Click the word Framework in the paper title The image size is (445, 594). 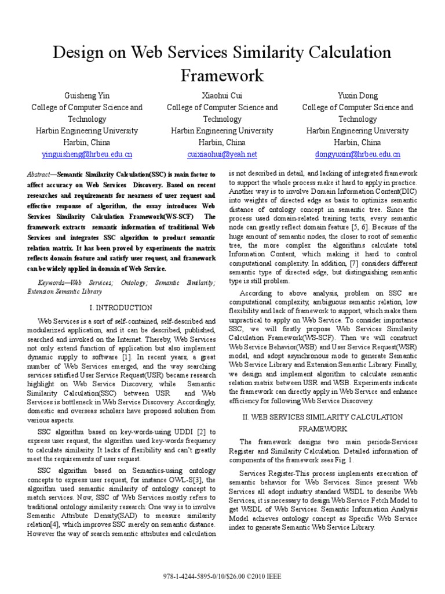pyautogui.click(x=222, y=76)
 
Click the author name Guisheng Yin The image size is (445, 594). pyautogui.click(x=87, y=95)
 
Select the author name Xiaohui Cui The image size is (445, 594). pyautogui.click(x=222, y=95)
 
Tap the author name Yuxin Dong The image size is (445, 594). pyautogui.click(x=358, y=95)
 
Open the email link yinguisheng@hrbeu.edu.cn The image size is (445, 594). pyautogui.click(x=87, y=154)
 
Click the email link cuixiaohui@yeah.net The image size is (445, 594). pyautogui.click(x=222, y=154)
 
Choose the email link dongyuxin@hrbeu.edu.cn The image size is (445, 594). pyautogui.click(x=358, y=154)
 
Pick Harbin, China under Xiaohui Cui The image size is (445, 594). pyautogui.click(x=222, y=142)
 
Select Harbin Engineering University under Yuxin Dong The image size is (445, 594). pyautogui.click(x=358, y=131)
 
